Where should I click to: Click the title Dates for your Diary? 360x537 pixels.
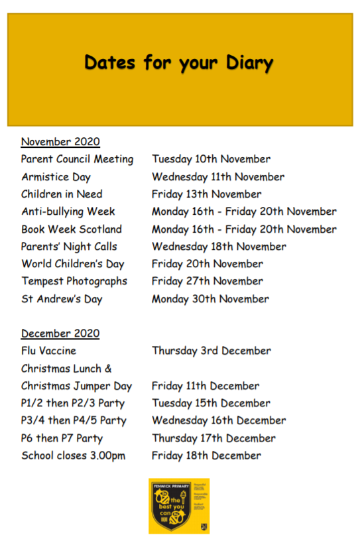179,64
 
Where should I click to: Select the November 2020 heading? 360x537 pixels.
60,141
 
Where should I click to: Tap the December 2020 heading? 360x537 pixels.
60,333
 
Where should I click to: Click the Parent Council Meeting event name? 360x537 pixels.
77,159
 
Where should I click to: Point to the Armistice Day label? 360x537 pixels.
56,177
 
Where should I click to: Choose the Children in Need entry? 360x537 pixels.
62,194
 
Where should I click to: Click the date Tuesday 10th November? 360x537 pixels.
211,159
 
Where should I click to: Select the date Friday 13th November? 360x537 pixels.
206,194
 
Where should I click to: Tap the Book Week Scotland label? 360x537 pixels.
72,229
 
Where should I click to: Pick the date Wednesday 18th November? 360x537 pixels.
219,247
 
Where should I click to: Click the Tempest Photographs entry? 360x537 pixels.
74,281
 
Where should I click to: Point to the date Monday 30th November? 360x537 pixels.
210,298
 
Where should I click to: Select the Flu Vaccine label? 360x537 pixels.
48,351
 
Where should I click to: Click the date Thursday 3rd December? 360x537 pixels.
211,351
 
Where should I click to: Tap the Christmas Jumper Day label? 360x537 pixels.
76,386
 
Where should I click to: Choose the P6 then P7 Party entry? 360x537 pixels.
62,438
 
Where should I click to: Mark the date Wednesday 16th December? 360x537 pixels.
219,420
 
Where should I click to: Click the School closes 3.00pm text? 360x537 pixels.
73,455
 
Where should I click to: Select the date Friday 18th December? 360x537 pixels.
206,455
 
